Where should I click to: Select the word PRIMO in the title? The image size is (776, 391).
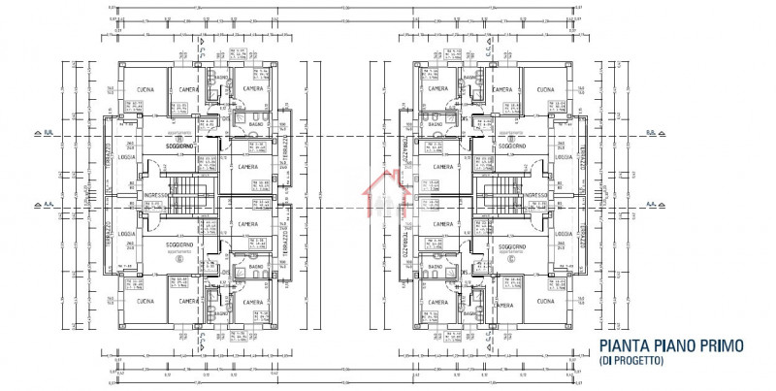click(x=723, y=345)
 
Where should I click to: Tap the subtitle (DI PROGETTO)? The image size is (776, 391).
click(x=631, y=361)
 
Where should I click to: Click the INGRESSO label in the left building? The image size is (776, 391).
click(x=155, y=194)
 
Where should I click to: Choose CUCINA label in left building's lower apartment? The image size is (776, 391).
click(x=146, y=302)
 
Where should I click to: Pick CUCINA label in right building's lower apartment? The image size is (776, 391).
click(x=544, y=302)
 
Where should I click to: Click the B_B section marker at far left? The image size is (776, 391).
click(x=41, y=133)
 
